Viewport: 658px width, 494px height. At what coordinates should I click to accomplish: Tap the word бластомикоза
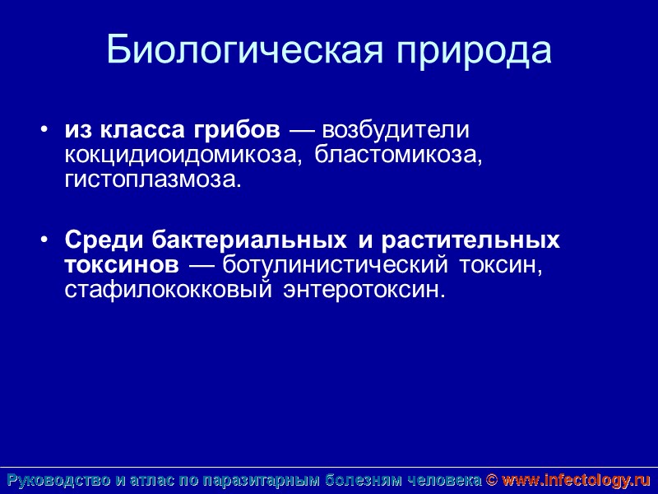pyautogui.click(x=397, y=155)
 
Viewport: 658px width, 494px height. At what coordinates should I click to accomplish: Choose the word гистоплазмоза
pyautogui.click(x=154, y=179)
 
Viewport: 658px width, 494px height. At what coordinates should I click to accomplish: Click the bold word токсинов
pyautogui.click(x=121, y=265)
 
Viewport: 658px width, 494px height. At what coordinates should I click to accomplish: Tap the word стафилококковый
pyautogui.click(x=169, y=290)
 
